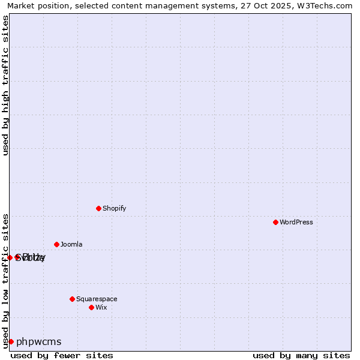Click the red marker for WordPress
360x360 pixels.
pos(275,222)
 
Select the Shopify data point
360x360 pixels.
pos(98,208)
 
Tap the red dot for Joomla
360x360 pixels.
pos(56,244)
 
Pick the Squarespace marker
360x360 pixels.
pos(72,299)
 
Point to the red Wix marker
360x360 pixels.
pos(91,307)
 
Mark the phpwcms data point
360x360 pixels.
pos(11,341)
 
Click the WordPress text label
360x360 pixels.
pos(296,222)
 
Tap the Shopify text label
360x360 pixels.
pos(114,208)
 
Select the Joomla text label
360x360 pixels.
pos(71,244)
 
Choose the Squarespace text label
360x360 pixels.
pos(97,299)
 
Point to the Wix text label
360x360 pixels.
pos(101,307)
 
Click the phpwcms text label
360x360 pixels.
pos(38,341)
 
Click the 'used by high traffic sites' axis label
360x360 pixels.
pos(6,85)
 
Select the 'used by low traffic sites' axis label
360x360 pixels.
pos(6,280)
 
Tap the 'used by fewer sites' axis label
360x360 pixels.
pos(62,355)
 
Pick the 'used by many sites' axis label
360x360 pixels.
pos(301,355)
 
